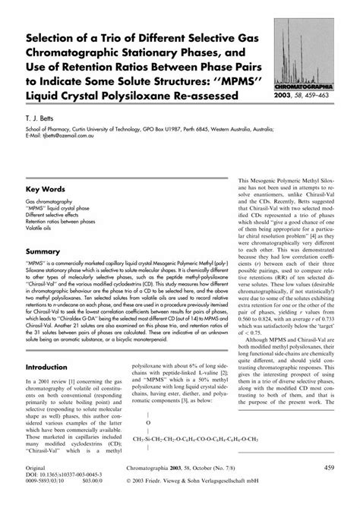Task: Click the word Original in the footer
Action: tap(36, 469)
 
